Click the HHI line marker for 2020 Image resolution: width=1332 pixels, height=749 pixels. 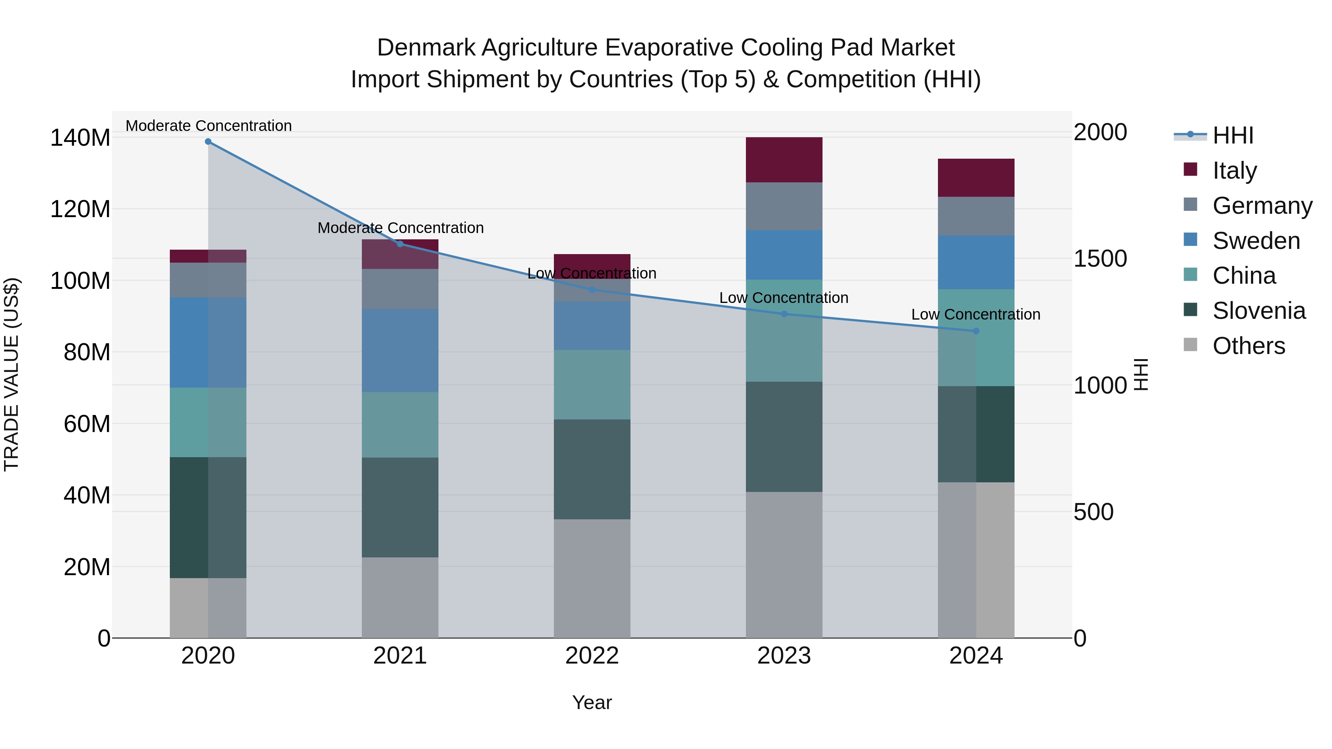(x=208, y=142)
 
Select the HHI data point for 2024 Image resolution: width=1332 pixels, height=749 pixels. (x=976, y=331)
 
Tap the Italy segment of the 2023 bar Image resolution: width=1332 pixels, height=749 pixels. (x=784, y=160)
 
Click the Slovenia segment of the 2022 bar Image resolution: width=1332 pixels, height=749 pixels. (x=592, y=469)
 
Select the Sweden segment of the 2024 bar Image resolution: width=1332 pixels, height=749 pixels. (x=976, y=263)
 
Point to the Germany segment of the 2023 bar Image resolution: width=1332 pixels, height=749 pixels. (x=784, y=206)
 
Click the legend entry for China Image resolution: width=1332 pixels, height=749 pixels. (x=1244, y=276)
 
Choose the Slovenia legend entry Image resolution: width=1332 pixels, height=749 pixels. (x=1259, y=311)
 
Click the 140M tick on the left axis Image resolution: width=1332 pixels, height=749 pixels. (x=80, y=138)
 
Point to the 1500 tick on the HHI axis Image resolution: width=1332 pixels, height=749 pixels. (x=1100, y=259)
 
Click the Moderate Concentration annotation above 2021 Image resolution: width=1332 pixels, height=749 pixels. (x=400, y=228)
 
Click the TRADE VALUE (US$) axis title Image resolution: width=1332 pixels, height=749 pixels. (x=12, y=374)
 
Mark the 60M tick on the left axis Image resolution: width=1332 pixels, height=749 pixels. (x=87, y=424)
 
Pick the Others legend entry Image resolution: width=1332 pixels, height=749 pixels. (x=1248, y=346)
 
